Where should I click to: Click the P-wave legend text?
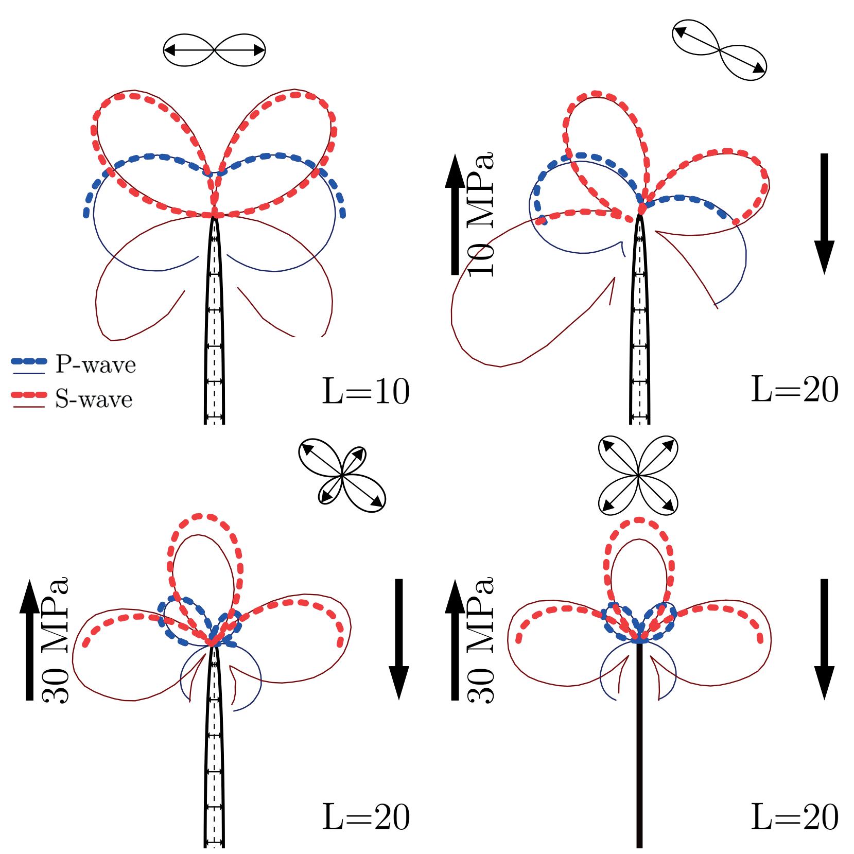(95, 365)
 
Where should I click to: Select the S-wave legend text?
(94, 399)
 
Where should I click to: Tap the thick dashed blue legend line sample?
(29, 361)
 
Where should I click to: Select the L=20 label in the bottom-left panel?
(365, 817)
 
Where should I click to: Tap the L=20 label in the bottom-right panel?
(795, 817)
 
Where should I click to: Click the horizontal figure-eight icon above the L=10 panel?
(214, 50)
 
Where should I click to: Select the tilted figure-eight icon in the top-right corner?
(719, 50)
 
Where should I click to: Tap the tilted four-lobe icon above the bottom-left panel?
(342, 476)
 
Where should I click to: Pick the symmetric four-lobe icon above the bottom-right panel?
(638, 476)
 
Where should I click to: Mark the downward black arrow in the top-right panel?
(824, 214)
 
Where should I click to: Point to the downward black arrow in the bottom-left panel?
(398, 639)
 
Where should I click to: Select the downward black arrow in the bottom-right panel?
(824, 639)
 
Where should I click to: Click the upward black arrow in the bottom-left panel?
(29, 639)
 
